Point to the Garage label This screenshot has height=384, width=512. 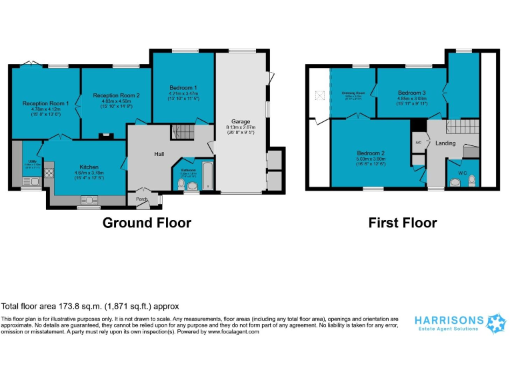(x=241, y=122)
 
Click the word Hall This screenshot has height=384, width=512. (x=159, y=154)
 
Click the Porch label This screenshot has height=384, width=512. (x=141, y=199)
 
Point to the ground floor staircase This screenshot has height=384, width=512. (x=181, y=132)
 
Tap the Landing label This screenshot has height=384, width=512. (x=445, y=143)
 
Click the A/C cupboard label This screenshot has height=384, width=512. (x=418, y=143)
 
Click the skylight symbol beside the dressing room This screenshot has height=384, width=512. (x=320, y=95)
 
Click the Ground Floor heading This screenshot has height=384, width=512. (x=146, y=223)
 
